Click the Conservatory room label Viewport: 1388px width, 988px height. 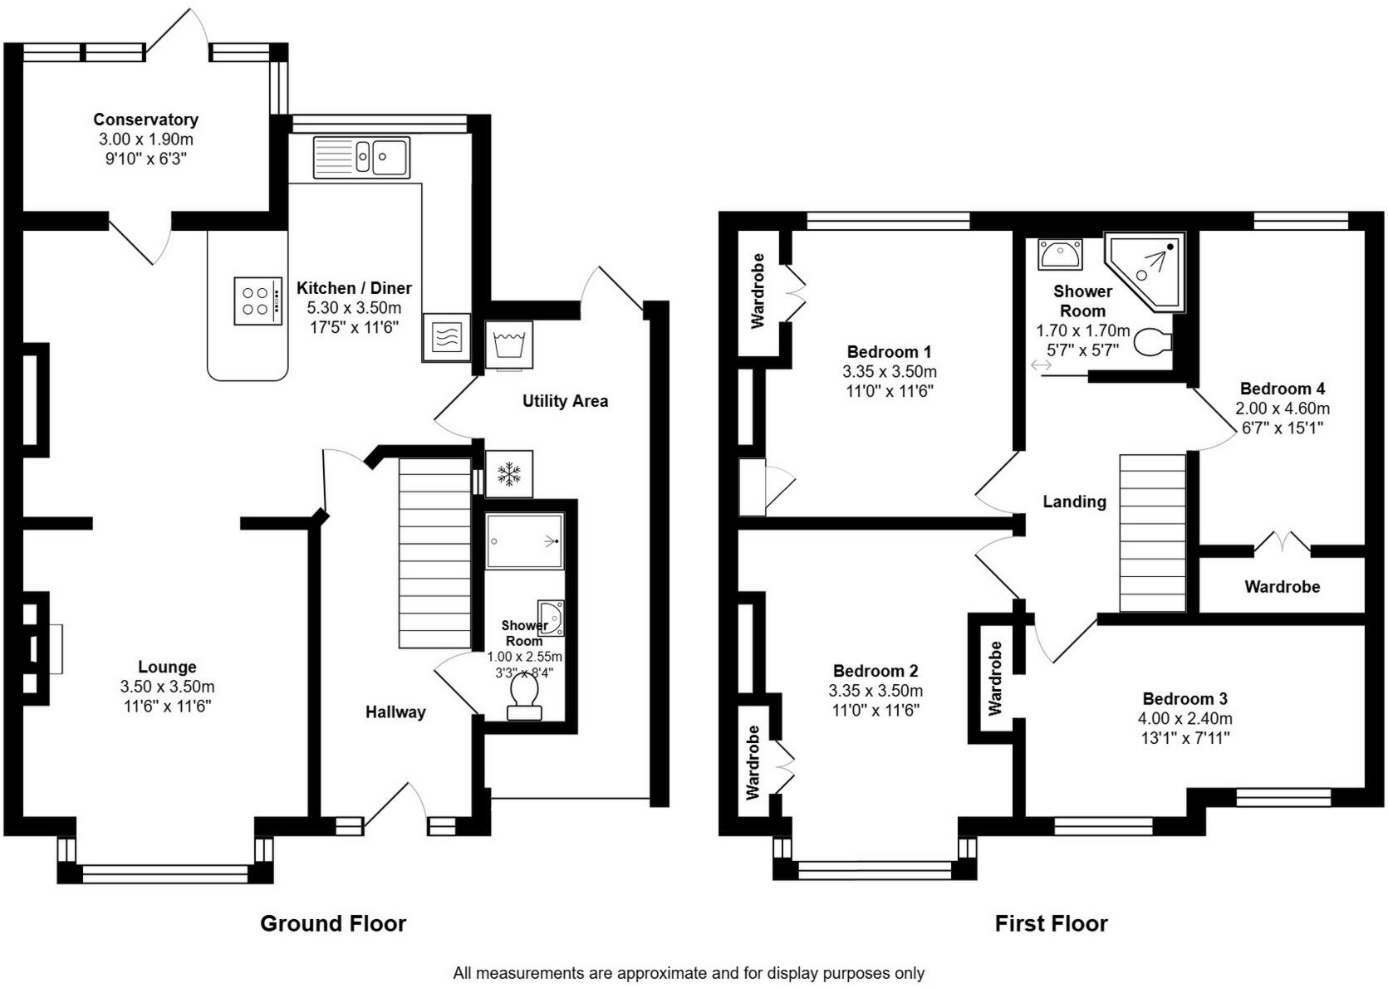[145, 120]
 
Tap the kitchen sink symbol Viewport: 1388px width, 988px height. [361, 157]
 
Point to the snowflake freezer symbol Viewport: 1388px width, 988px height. [508, 474]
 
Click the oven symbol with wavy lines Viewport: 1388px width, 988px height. [446, 337]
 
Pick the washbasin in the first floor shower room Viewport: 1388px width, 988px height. [1059, 254]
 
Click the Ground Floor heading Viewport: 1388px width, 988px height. [333, 923]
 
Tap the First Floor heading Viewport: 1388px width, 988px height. [1051, 923]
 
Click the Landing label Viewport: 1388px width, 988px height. [1074, 501]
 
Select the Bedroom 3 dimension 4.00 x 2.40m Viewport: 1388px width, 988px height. [1184, 718]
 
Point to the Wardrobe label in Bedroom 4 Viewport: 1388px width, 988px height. [1282, 587]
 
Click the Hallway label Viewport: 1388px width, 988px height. [395, 712]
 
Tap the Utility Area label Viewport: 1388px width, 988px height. [565, 401]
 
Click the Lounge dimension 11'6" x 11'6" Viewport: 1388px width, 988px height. [167, 707]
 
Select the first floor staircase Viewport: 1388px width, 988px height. [1152, 532]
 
